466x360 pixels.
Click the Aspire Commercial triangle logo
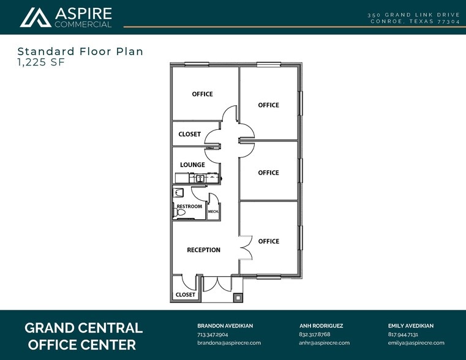click(x=36, y=18)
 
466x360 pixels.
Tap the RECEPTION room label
click(x=203, y=250)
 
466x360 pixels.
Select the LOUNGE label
click(x=192, y=165)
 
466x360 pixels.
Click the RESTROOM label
click(x=189, y=206)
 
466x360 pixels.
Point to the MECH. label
click(x=213, y=211)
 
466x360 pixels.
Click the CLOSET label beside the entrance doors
click(x=186, y=294)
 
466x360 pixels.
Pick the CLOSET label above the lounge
click(x=190, y=134)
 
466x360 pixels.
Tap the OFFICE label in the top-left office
click(x=203, y=94)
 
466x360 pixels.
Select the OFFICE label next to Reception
click(x=269, y=241)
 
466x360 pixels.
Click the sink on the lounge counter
click(x=200, y=178)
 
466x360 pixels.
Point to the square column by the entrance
click(x=238, y=298)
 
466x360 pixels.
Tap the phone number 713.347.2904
click(x=212, y=334)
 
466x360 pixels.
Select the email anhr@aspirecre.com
click(x=324, y=343)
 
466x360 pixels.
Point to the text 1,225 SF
click(x=41, y=62)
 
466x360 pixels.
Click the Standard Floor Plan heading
click(x=81, y=51)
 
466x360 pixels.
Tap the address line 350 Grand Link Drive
click(x=414, y=15)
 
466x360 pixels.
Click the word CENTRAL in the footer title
click(x=109, y=328)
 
